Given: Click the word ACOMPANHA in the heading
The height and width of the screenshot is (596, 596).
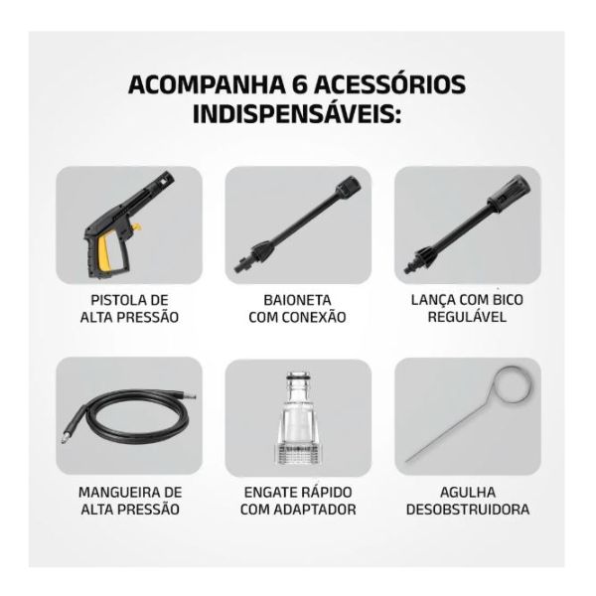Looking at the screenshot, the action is pyautogui.click(x=207, y=84).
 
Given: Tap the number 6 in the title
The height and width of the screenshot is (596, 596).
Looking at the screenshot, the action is pyautogui.click(x=300, y=84).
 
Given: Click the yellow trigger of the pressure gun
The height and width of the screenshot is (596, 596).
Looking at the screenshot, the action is pyautogui.click(x=105, y=251).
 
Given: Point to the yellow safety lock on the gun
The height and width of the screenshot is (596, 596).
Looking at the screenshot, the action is pyautogui.click(x=136, y=227).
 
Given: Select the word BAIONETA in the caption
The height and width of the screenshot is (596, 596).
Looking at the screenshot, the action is pyautogui.click(x=298, y=300).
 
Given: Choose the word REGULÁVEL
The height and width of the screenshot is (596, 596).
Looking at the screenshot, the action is pyautogui.click(x=467, y=317).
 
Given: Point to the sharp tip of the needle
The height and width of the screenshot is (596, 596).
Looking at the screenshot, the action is pyautogui.click(x=406, y=461).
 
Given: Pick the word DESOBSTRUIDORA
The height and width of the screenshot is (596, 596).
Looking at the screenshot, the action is pyautogui.click(x=468, y=510).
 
